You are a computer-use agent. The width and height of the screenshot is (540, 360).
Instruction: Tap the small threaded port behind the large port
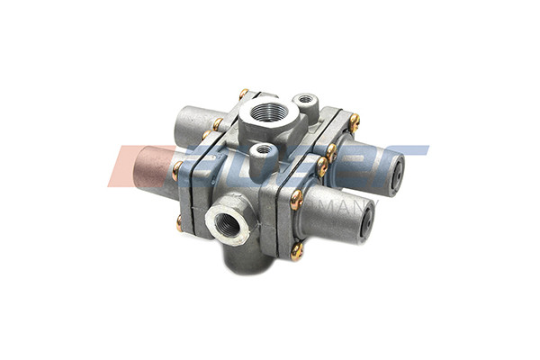click(x=306, y=99)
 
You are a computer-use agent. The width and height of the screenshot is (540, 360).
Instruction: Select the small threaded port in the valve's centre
click(x=264, y=150)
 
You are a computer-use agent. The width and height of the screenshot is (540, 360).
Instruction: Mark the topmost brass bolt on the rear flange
click(x=243, y=93)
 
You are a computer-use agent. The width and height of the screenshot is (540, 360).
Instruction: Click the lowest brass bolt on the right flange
click(x=296, y=253)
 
